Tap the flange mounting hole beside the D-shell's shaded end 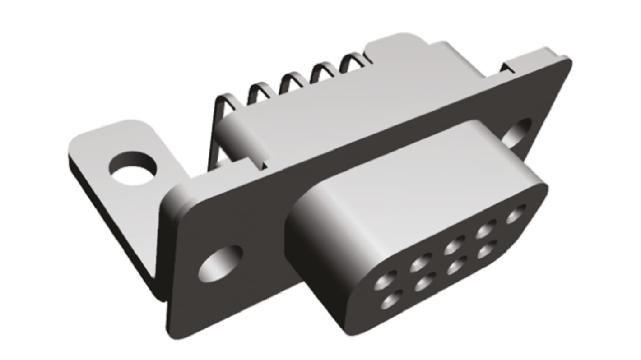point(220,263)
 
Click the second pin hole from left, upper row point(421,263)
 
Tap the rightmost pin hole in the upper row point(516,214)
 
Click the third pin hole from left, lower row point(456,267)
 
